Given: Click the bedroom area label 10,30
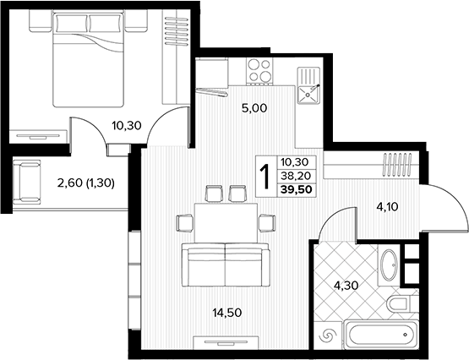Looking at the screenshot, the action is click(127, 126).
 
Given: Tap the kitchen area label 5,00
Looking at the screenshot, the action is click(254, 108).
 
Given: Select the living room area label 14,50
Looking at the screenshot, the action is click(227, 313).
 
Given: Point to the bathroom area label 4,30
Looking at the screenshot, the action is click(346, 286).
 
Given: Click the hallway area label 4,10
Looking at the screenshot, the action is click(387, 206).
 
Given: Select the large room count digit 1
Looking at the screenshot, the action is click(265, 177).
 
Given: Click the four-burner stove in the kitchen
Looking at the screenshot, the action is click(259, 70).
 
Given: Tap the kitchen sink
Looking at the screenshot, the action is click(308, 85).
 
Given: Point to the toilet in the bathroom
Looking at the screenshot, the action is click(398, 303).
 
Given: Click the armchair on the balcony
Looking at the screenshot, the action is click(26, 182).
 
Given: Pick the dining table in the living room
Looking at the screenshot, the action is click(226, 223).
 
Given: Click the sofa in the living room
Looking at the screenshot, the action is click(226, 265).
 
